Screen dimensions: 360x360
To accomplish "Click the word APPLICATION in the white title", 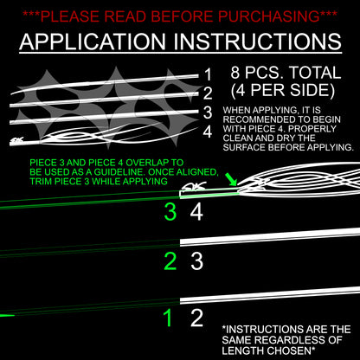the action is point(93,42).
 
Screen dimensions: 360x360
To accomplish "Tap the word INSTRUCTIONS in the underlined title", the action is point(258,42).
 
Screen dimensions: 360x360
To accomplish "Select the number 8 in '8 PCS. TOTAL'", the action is point(235,73).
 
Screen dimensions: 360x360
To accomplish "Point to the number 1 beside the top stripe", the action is point(208,75).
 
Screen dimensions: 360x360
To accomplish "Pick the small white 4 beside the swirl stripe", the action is point(208,132).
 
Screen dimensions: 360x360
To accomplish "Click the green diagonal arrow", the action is point(231,179).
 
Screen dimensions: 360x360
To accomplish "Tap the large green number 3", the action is point(170,212).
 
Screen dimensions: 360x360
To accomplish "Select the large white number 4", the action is point(196,212).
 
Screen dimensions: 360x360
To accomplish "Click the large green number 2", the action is point(170,261).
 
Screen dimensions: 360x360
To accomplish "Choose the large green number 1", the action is point(168,318).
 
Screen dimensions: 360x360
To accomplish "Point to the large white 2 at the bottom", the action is point(196,318).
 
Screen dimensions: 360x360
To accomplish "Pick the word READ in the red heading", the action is point(126,16).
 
